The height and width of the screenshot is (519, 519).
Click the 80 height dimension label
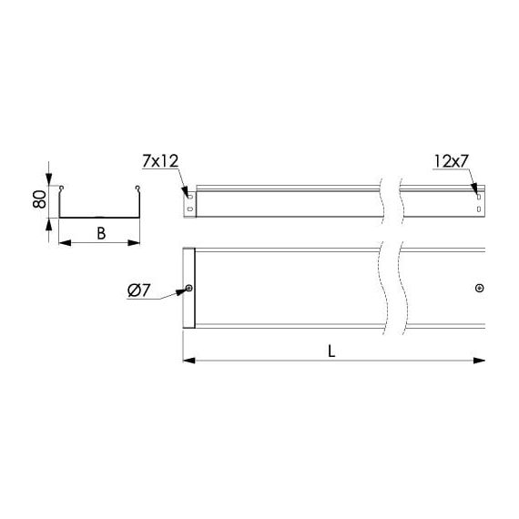point(39,199)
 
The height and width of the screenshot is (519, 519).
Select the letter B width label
point(101,233)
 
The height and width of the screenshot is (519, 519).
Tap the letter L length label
point(331,351)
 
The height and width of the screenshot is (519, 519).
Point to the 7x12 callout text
point(160,161)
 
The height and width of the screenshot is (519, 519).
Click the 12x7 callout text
point(451,161)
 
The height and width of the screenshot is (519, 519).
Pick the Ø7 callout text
point(139,290)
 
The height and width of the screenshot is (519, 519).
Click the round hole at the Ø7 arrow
point(189,289)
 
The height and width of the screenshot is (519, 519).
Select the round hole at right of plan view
point(479,289)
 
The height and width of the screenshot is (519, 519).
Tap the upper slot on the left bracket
point(190,197)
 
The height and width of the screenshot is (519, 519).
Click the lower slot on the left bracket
point(190,209)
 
